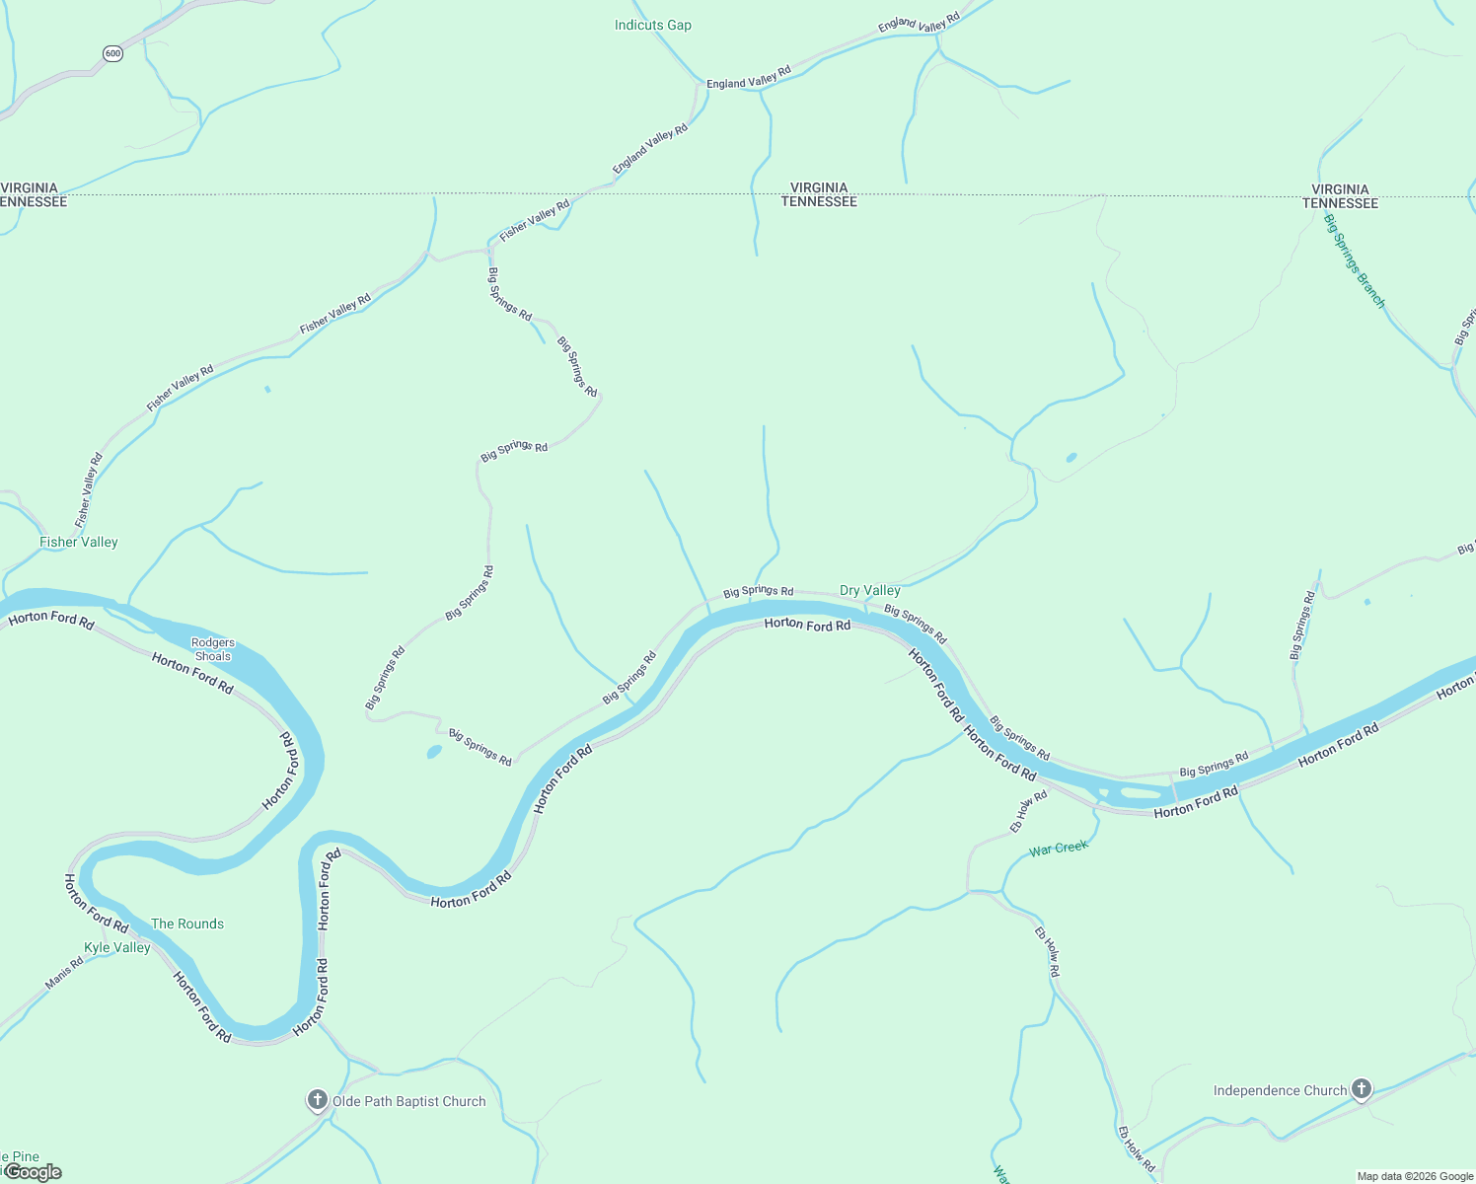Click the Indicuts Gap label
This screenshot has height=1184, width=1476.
point(652,25)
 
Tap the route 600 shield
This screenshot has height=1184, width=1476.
point(112,54)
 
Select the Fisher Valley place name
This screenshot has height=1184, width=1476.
point(78,542)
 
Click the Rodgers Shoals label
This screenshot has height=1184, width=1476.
point(213,649)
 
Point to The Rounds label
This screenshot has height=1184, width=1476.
point(186,924)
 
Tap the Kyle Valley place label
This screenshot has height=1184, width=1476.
point(116,947)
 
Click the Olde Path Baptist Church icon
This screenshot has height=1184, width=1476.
point(317,1099)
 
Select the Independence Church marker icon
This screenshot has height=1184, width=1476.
point(1362,1088)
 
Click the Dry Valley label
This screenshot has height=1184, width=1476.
point(869,590)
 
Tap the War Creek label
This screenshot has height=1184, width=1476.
point(1058,848)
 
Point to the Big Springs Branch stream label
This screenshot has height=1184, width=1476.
point(1355,261)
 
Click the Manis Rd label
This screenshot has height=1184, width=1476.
point(64,973)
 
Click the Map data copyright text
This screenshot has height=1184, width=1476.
point(1414,1176)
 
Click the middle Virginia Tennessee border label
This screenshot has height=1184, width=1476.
point(819,194)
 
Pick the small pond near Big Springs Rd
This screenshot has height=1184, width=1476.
point(434,752)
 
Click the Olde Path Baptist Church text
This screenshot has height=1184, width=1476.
point(408,1101)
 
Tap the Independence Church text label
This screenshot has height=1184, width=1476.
point(1280,1090)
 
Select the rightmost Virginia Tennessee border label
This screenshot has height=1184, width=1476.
point(1340,195)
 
